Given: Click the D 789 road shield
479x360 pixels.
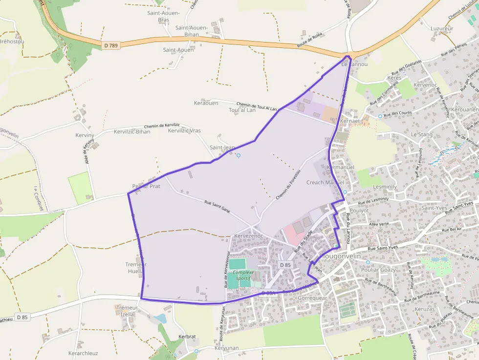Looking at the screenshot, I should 111,45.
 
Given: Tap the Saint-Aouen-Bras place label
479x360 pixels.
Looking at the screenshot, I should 163,16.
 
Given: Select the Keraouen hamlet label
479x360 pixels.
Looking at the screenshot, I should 206,103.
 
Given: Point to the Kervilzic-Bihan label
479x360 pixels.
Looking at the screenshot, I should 132,132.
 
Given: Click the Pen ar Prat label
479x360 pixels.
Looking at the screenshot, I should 146,187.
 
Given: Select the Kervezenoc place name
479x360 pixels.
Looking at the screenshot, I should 249,236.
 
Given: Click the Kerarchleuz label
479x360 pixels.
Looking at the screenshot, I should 83,353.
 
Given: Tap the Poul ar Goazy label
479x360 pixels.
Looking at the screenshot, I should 378,270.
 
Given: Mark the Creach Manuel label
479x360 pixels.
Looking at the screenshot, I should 325,183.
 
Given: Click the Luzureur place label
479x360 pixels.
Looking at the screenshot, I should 442,28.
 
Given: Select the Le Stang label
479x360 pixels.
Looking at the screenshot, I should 421,134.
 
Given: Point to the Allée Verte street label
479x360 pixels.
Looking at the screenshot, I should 379,224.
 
